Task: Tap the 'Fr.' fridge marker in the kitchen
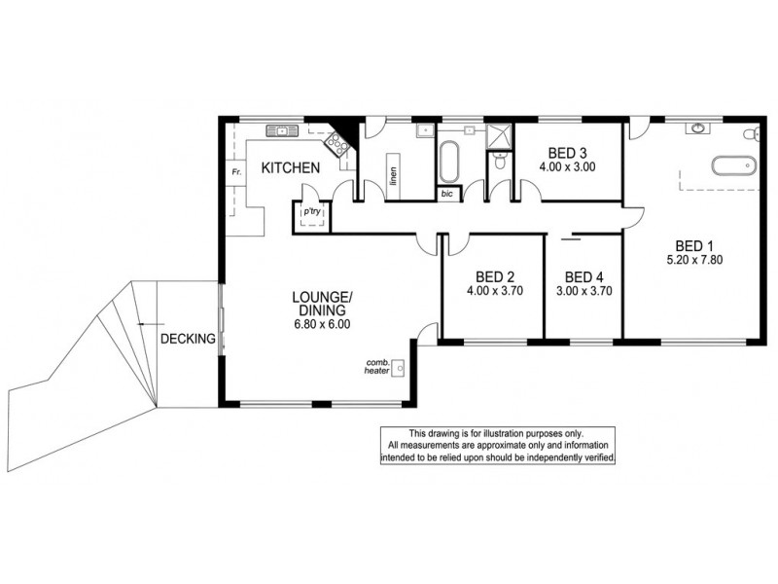(x=235, y=172)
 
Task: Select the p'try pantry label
(x=312, y=211)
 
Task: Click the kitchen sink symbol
(x=280, y=129)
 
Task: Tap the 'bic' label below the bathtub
(x=447, y=194)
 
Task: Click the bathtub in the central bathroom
(x=448, y=163)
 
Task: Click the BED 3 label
(x=567, y=153)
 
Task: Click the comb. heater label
(x=377, y=365)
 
